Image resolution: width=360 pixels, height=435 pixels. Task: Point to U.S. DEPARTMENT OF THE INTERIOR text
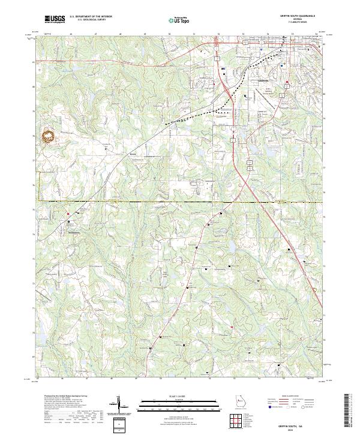pos(91,17)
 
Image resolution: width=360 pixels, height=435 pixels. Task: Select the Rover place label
pos(133,154)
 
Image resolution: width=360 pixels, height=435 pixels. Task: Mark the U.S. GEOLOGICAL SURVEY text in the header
pos(87,20)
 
